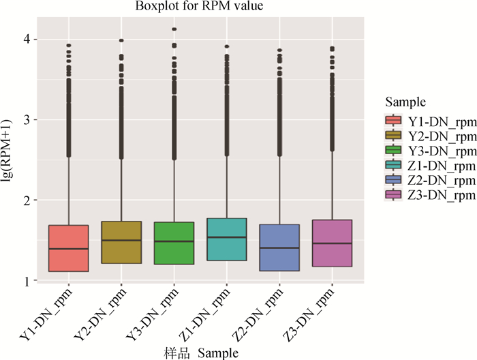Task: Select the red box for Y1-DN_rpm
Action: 69,248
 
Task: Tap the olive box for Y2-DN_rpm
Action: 121,242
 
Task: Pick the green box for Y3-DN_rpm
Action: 173,242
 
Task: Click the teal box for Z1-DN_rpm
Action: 226,239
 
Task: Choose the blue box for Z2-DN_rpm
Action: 278,247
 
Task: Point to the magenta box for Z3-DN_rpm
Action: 330,243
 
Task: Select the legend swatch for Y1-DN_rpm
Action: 393,121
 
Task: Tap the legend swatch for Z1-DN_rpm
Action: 393,165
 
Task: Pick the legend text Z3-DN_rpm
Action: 441,195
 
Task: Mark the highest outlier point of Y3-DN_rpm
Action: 174,29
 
